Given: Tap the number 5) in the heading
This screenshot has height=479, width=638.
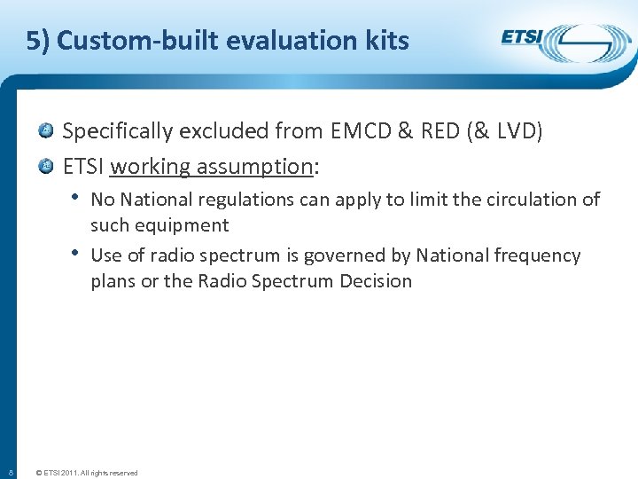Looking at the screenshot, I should pos(37,41).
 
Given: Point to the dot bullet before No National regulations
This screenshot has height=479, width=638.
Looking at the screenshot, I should pos(78,197).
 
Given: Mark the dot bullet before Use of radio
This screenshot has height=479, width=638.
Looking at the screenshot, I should pos(78,253).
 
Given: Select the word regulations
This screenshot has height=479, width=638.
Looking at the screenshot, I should pos(246,200).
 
